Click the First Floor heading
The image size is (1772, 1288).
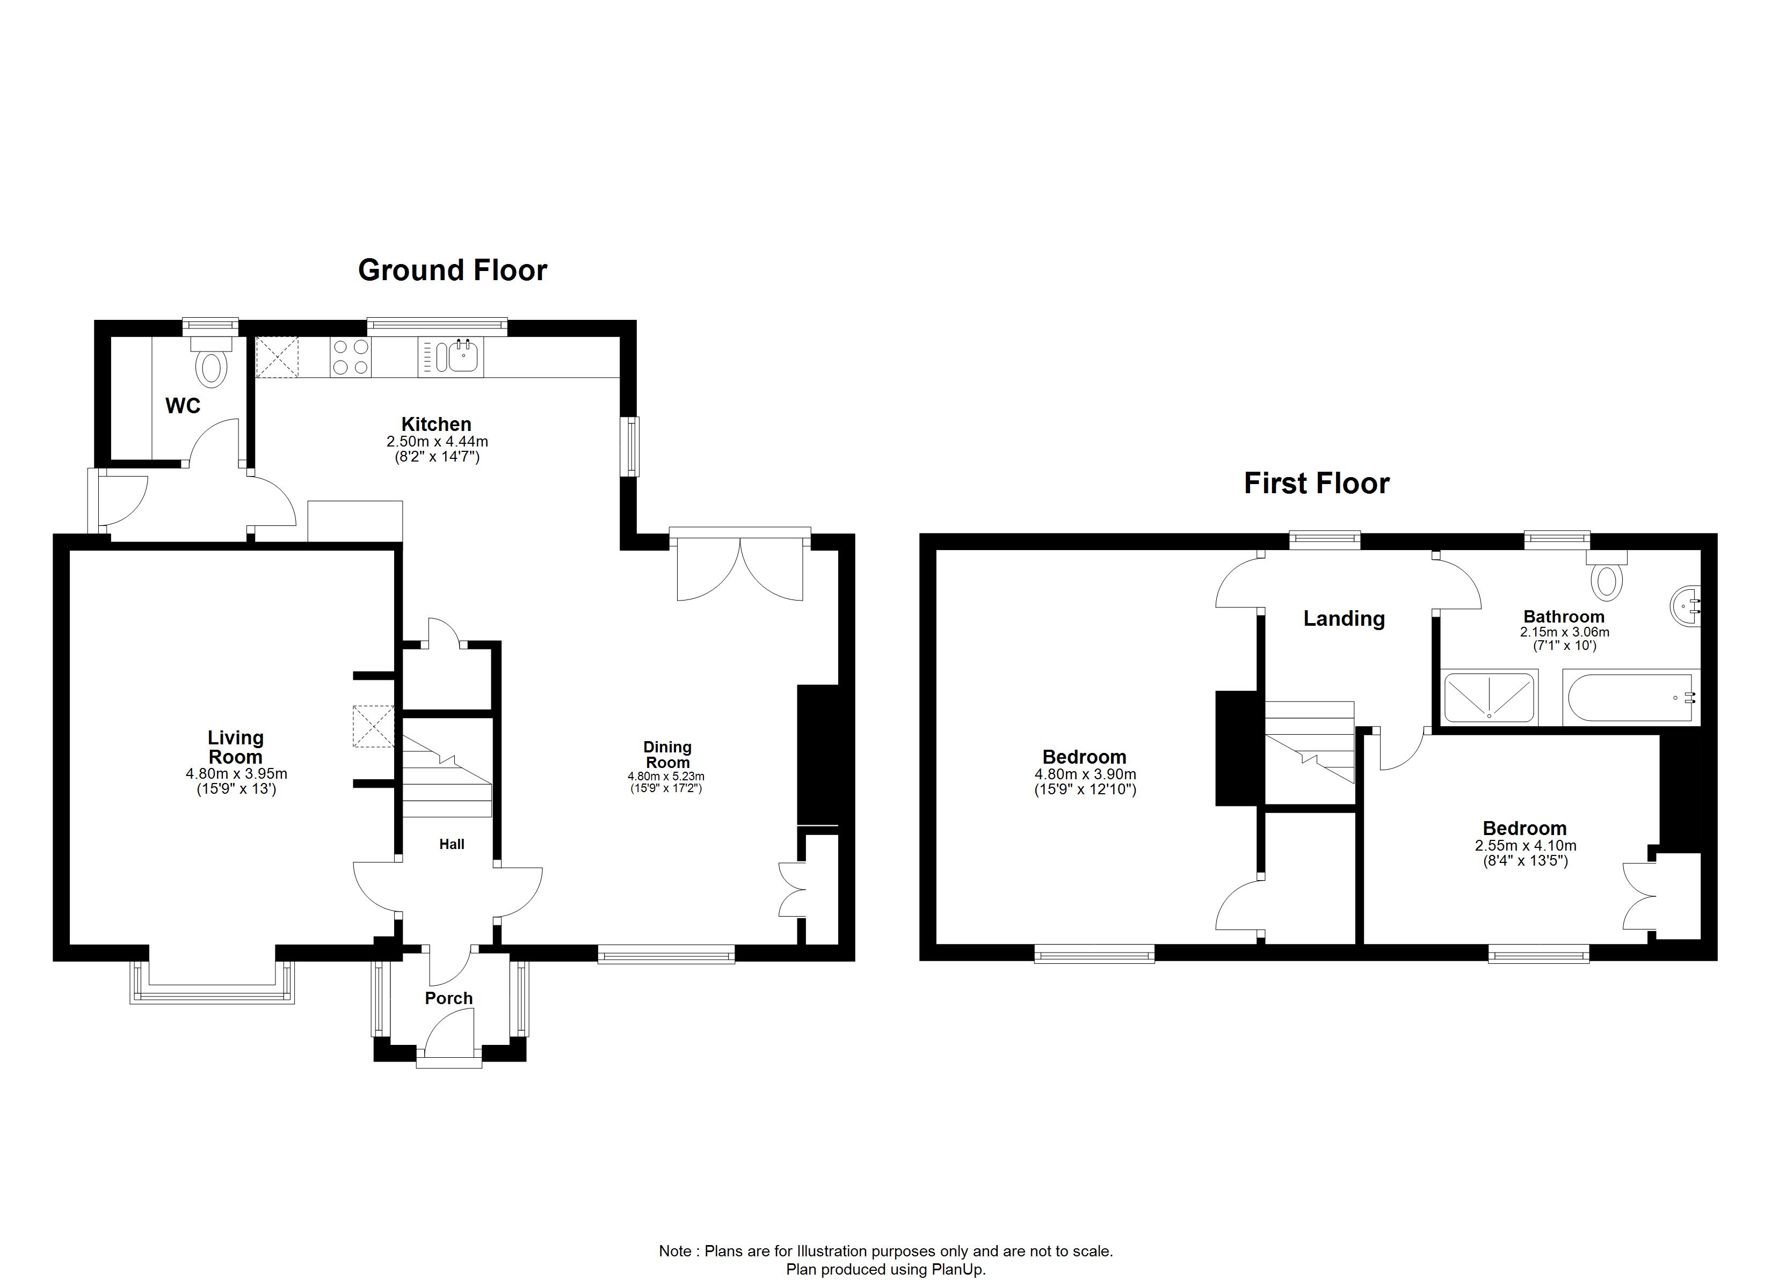pyautogui.click(x=1317, y=484)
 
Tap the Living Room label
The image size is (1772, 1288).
pyautogui.click(x=235, y=748)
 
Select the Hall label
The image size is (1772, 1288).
pyautogui.click(x=452, y=844)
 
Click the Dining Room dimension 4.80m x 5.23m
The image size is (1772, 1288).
pyautogui.click(x=666, y=777)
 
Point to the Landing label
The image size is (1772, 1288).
pyautogui.click(x=1344, y=619)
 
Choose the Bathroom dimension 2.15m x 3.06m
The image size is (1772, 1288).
pyautogui.click(x=1564, y=632)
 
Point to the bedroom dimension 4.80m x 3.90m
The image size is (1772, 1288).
pyautogui.click(x=1085, y=774)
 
